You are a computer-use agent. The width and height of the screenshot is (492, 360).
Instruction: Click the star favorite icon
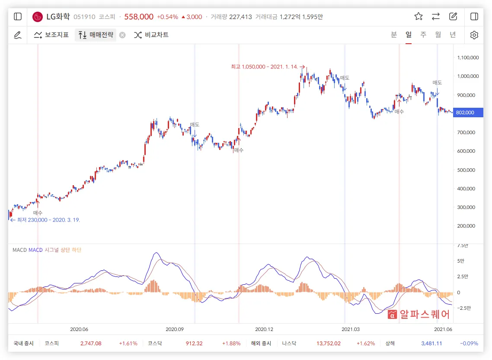pos(418,16)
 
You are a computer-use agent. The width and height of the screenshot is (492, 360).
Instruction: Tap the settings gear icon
pos(474,35)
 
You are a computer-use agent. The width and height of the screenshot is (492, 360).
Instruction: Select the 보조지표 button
pos(51,35)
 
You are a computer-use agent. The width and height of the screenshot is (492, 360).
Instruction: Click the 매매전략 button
pos(96,35)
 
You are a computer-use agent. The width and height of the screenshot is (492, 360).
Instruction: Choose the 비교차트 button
pos(151,35)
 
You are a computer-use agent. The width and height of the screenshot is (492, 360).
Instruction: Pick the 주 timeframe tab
pos(423,35)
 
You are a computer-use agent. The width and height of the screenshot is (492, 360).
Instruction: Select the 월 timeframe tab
pos(438,35)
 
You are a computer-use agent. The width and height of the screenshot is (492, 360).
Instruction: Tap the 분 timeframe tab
pos(394,35)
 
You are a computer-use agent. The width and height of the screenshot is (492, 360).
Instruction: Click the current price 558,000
pos(139,17)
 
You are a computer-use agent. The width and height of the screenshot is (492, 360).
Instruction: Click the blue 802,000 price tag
pos(465,112)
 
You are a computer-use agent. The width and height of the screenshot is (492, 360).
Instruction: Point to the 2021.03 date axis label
pos(351,329)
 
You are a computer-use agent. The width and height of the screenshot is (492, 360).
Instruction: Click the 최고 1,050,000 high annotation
pos(265,67)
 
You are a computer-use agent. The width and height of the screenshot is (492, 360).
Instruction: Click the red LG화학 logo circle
pos(38,17)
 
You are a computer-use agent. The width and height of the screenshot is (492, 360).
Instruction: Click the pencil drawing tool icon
pos(18,35)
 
